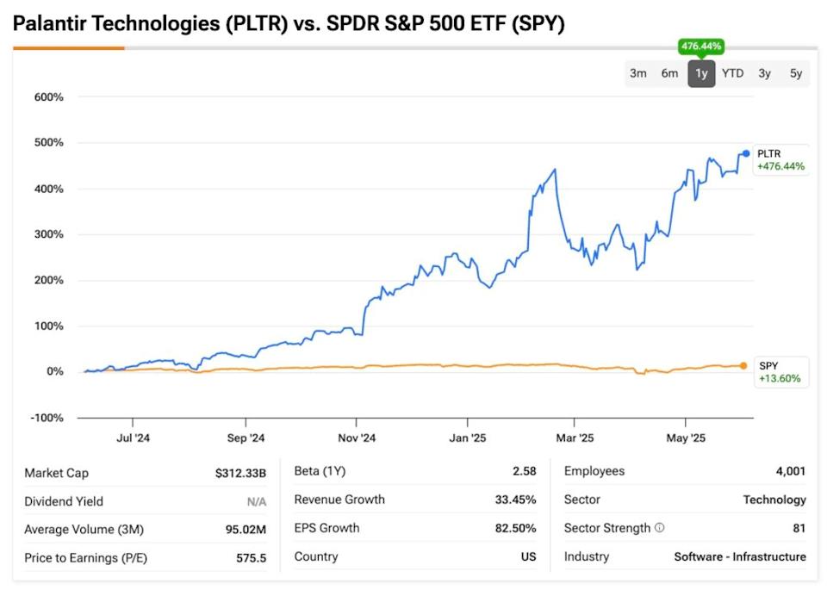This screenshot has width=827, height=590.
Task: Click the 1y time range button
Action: pyautogui.click(x=701, y=73)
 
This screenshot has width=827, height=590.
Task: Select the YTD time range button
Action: pyautogui.click(x=732, y=73)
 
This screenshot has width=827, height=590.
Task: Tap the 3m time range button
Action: pyautogui.click(x=637, y=73)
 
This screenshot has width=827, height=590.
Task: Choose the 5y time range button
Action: pyautogui.click(x=796, y=73)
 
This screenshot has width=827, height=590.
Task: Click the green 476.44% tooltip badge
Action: pyautogui.click(x=701, y=47)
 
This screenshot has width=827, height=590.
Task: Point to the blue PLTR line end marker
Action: pyautogui.click(x=746, y=153)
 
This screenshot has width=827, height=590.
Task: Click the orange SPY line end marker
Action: pyautogui.click(x=744, y=366)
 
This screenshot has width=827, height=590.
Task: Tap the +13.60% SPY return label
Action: pyautogui.click(x=780, y=378)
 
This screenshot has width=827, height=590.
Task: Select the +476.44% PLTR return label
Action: pyautogui.click(x=780, y=166)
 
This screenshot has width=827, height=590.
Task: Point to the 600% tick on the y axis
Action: pyautogui.click(x=48, y=97)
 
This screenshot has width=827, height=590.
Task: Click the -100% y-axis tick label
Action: pyautogui.click(x=47, y=418)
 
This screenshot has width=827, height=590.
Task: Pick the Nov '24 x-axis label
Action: pyautogui.click(x=357, y=438)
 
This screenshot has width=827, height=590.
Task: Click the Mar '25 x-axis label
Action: pyautogui.click(x=575, y=438)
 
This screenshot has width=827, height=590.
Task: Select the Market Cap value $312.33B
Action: pyautogui.click(x=240, y=473)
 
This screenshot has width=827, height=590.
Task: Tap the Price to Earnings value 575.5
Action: pyautogui.click(x=252, y=558)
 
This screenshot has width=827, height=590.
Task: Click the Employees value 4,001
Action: pyautogui.click(x=790, y=471)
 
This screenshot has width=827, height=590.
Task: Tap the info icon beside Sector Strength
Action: pyautogui.click(x=659, y=528)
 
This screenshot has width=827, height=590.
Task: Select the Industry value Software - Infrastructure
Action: pyautogui.click(x=740, y=556)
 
